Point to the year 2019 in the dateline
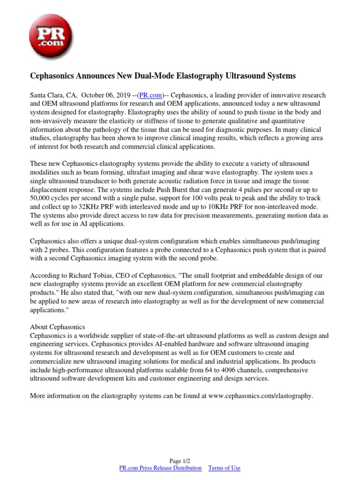coord(120,95)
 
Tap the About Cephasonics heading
coord(58,327)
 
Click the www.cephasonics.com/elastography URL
coord(260,396)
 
